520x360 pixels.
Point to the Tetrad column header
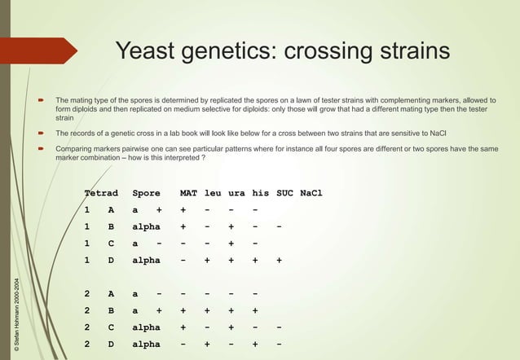click(x=102, y=193)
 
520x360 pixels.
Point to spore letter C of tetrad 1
click(x=111, y=244)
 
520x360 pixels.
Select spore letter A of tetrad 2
click(x=111, y=292)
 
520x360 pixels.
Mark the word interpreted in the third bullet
click(x=175, y=158)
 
